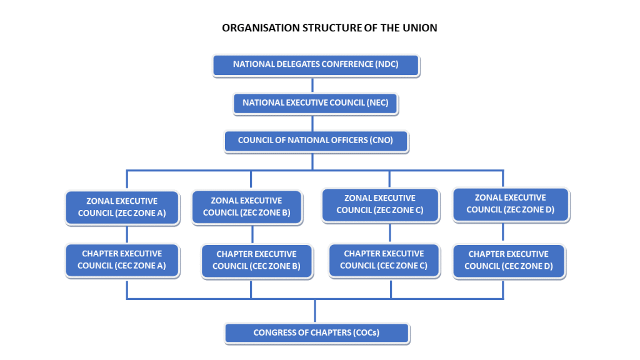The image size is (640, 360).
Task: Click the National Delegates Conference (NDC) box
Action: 316,65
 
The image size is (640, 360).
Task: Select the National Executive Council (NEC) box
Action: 316,103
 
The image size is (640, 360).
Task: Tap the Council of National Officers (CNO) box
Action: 316,141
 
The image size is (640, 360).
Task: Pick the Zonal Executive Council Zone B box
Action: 247,207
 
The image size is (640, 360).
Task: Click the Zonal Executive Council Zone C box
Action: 380,204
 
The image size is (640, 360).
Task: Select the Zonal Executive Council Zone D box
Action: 510,204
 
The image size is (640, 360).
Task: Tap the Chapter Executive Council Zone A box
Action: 122,260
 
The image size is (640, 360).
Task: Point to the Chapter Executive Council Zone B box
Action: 256,261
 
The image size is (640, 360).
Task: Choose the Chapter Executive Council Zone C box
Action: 384,260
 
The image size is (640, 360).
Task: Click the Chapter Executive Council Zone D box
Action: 509,261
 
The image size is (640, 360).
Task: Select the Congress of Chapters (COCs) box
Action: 316,333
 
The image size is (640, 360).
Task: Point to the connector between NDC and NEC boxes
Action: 315,85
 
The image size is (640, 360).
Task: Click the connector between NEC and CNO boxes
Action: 315,122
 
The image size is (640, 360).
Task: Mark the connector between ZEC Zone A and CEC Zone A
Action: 127,234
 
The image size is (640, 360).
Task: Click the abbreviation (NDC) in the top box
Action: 387,65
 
